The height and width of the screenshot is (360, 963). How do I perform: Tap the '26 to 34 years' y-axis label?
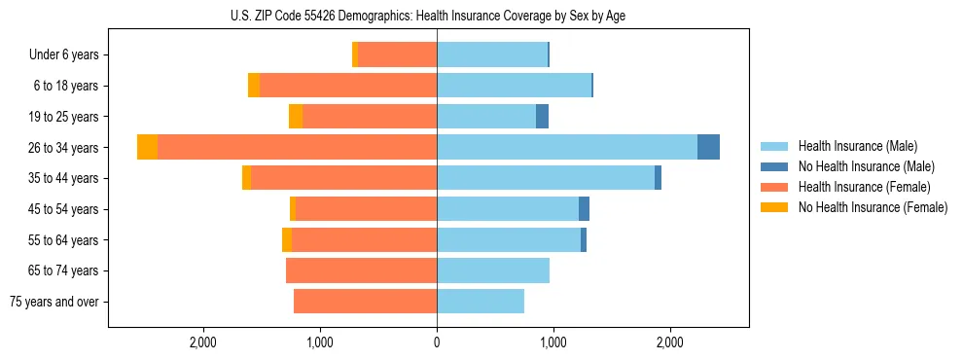[63, 147]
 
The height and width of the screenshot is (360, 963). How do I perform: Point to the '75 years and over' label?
[54, 302]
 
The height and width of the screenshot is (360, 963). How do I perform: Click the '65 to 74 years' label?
[63, 270]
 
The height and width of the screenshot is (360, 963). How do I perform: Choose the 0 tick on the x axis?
[437, 342]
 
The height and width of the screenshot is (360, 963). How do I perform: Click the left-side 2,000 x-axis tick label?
[203, 342]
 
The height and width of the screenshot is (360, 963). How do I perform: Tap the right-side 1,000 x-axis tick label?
[553, 342]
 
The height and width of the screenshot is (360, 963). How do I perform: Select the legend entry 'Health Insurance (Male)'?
[857, 146]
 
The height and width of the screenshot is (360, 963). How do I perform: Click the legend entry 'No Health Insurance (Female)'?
[873, 207]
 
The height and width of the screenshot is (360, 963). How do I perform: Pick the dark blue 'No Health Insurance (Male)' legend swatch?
[775, 166]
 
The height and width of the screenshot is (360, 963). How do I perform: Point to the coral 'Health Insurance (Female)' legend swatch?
[775, 187]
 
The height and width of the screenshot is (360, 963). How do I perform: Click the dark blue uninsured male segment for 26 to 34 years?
[708, 147]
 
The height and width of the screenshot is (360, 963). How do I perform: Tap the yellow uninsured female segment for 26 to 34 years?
[147, 147]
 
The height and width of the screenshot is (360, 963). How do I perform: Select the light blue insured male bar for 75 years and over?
[481, 302]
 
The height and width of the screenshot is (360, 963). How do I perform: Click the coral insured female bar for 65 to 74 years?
[361, 270]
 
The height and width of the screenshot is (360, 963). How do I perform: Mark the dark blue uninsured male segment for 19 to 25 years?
[542, 117]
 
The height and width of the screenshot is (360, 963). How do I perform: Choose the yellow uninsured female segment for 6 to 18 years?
[254, 86]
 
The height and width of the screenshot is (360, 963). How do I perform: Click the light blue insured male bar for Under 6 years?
[492, 54]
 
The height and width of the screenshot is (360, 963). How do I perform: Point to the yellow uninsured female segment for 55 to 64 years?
[287, 240]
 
